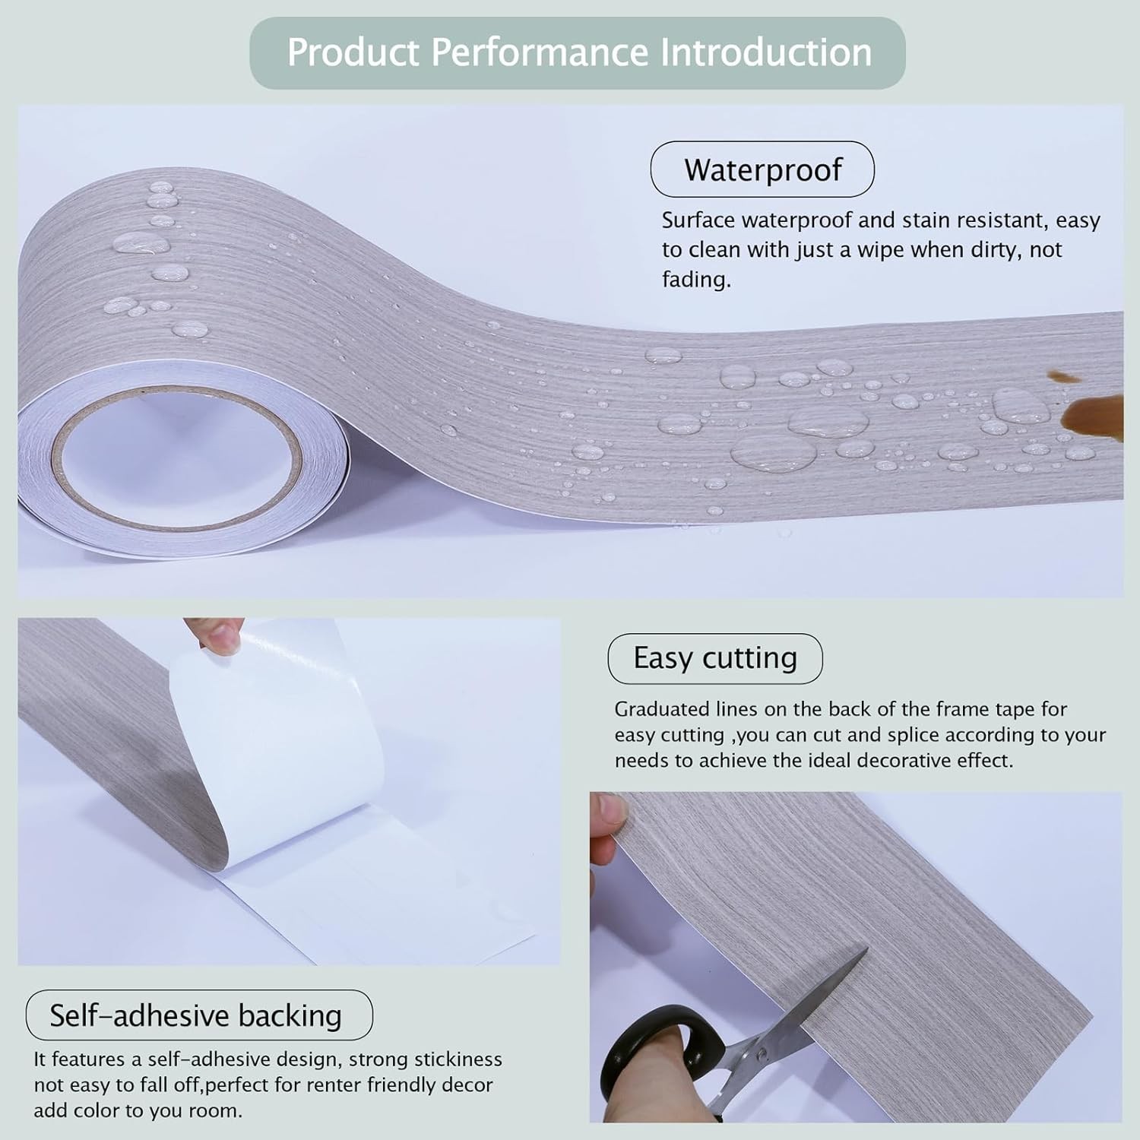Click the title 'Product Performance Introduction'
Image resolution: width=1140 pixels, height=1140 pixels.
tap(579, 52)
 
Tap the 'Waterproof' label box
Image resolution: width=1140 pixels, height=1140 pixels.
tap(762, 169)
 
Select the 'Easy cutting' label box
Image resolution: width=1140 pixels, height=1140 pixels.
tap(715, 658)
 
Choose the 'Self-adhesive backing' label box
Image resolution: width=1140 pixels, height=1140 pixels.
tap(199, 1015)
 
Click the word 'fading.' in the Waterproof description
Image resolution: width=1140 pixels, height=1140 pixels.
tap(696, 280)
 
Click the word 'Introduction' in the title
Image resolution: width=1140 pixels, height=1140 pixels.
tap(765, 52)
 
